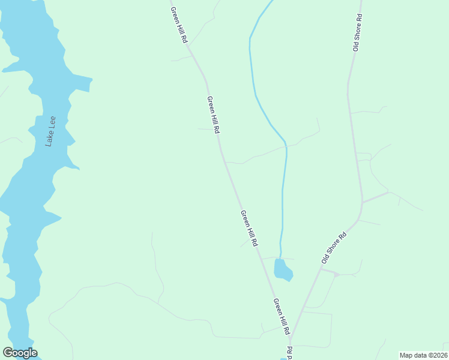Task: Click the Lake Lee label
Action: pyautogui.click(x=52, y=131)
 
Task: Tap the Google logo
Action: pyautogui.click(x=20, y=353)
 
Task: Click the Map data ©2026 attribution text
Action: pyautogui.click(x=423, y=355)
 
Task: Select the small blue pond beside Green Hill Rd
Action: pyautogui.click(x=283, y=270)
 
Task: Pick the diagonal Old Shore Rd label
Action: pyautogui.click(x=334, y=248)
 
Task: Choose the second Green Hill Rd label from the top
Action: pyautogui.click(x=212, y=114)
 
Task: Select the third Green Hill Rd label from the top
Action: pyautogui.click(x=249, y=228)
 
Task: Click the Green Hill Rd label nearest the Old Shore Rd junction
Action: pyautogui.click(x=282, y=316)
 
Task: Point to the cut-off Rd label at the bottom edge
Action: pyautogui.click(x=289, y=353)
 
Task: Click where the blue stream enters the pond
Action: pyautogui.click(x=280, y=259)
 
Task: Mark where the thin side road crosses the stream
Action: pyautogui.click(x=286, y=146)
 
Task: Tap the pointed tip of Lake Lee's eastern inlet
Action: pyautogui.click(x=92, y=79)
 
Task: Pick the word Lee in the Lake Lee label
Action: pyautogui.click(x=53, y=122)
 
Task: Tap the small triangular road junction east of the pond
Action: pyautogui.click(x=336, y=274)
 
